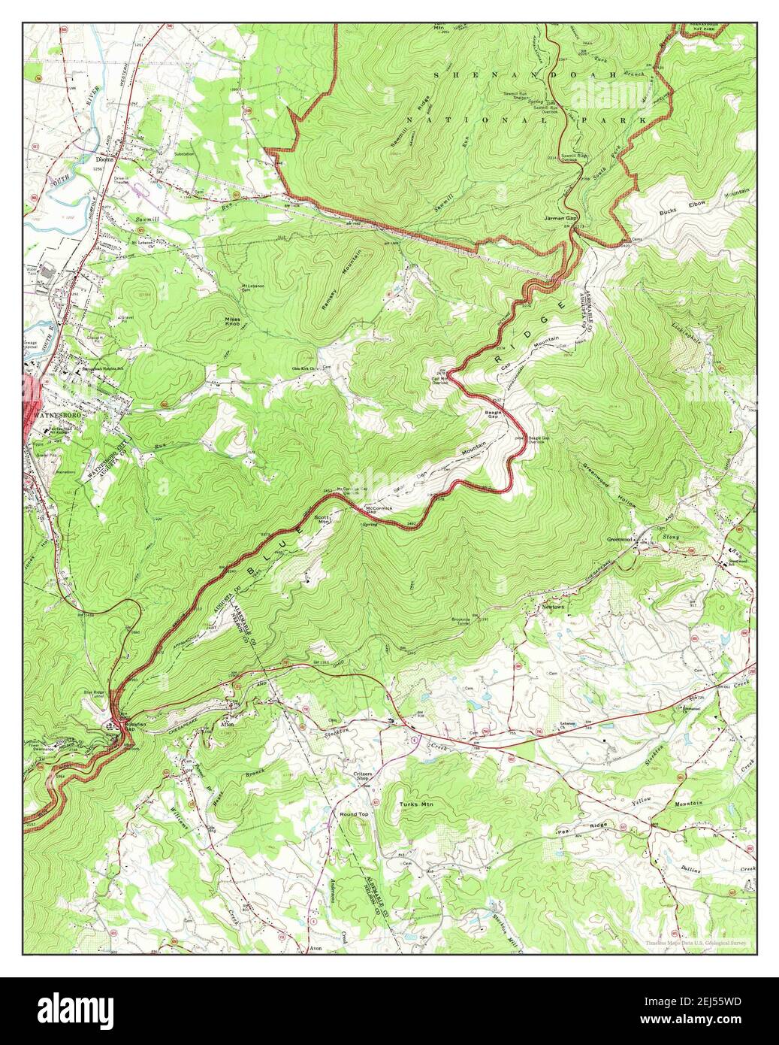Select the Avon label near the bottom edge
pos(317,950)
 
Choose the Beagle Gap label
pos(493,415)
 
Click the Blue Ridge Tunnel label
pos(94,694)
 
